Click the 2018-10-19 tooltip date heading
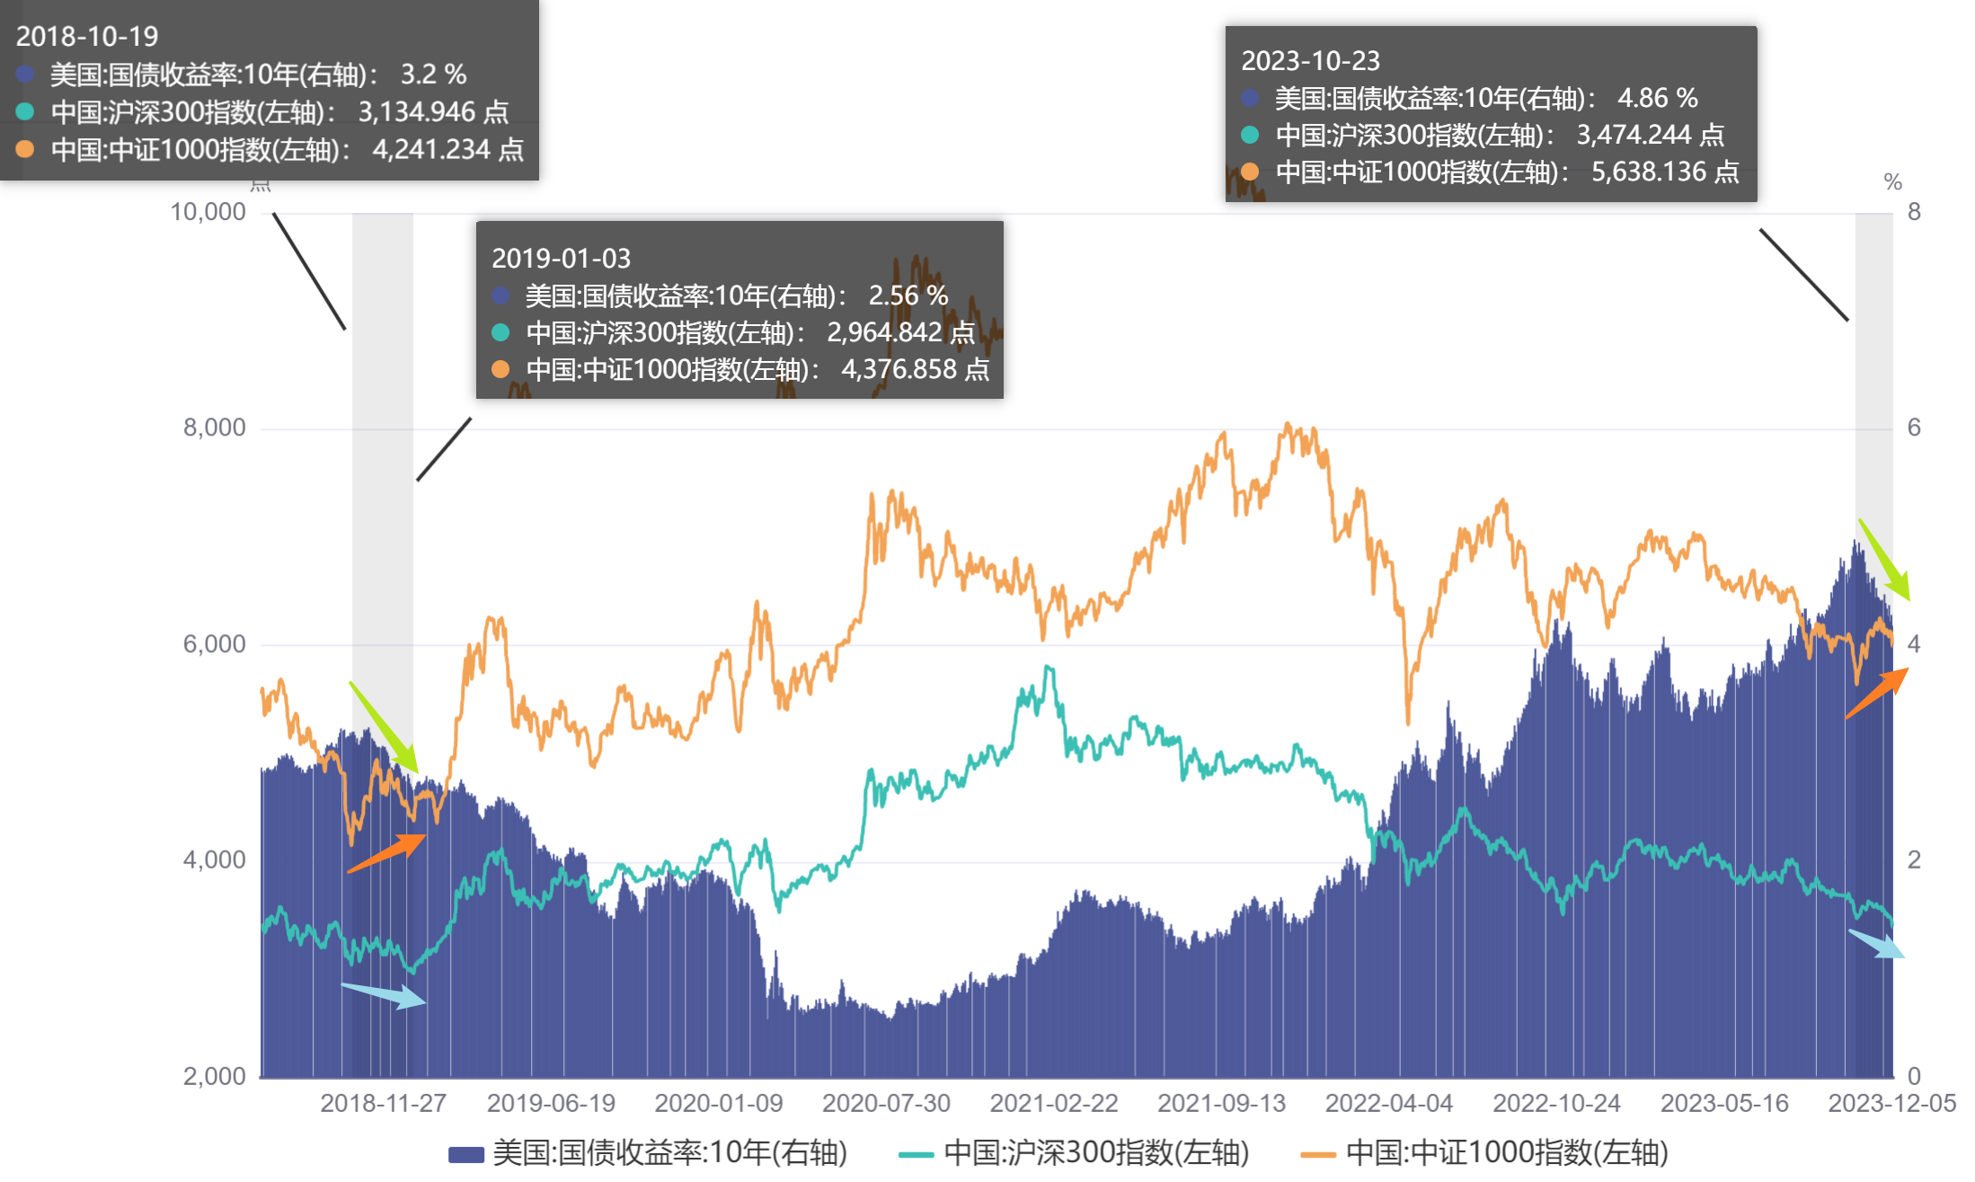pyautogui.click(x=86, y=36)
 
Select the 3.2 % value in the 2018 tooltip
pyautogui.click(x=433, y=74)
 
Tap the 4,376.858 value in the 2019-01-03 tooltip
pyautogui.click(x=899, y=369)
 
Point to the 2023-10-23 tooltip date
pyautogui.click(x=1310, y=60)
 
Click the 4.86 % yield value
pyautogui.click(x=1657, y=97)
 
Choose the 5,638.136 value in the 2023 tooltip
pyautogui.click(x=1649, y=172)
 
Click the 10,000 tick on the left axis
pyautogui.click(x=208, y=212)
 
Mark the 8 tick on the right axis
pyautogui.click(x=1914, y=212)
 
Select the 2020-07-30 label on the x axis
pyautogui.click(x=886, y=1103)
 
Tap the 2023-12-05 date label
pyautogui.click(x=1891, y=1103)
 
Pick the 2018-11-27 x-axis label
pyautogui.click(x=383, y=1103)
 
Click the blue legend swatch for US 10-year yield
pyautogui.click(x=466, y=1154)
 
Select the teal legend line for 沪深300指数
pyautogui.click(x=916, y=1154)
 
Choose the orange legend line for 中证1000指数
pyautogui.click(x=1318, y=1154)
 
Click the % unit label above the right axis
pyautogui.click(x=1892, y=182)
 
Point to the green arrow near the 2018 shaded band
pyautogui.click(x=385, y=728)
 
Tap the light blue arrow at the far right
pyautogui.click(x=1876, y=944)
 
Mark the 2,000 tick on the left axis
pyautogui.click(x=214, y=1075)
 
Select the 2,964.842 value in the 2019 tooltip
pyautogui.click(x=884, y=332)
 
